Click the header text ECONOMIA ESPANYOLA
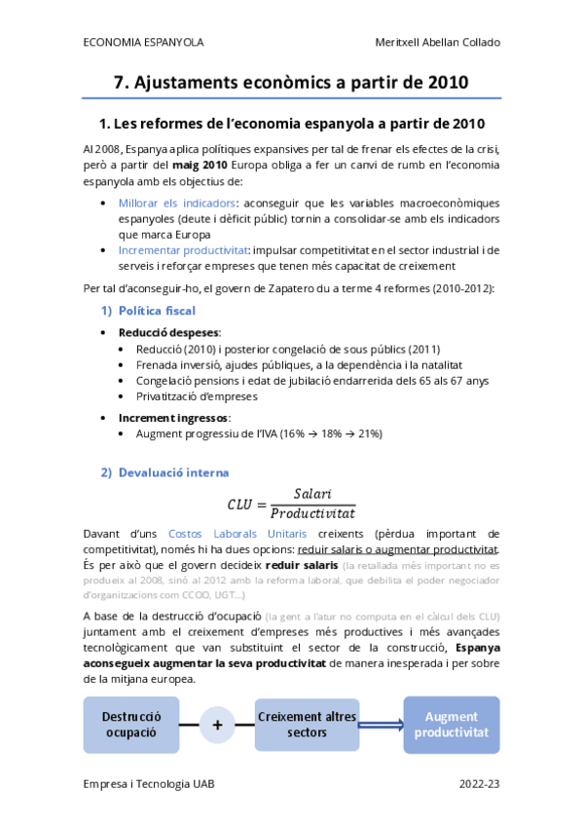tap(143, 43)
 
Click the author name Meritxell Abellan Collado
tap(438, 43)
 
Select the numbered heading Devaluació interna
tap(173, 472)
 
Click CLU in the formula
tap(239, 504)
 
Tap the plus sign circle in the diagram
tap(217, 725)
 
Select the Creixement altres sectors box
tap(307, 724)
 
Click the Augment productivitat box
tap(451, 724)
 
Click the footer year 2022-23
tap(480, 783)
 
